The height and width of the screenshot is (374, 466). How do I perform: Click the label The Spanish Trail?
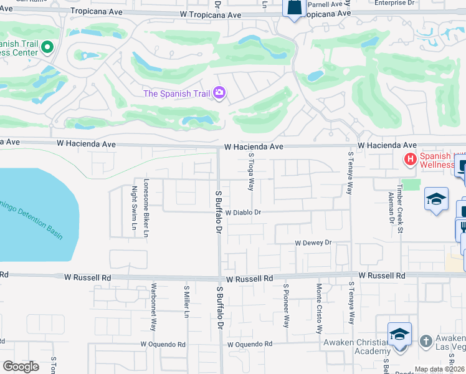point(176,93)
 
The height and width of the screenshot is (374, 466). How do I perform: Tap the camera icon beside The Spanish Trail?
point(219,93)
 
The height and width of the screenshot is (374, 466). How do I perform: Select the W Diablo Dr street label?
point(242,212)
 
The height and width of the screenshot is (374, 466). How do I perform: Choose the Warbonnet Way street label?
point(154,307)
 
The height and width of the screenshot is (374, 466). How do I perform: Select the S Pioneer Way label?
point(287,305)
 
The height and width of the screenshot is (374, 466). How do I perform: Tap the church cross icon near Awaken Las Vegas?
point(426,341)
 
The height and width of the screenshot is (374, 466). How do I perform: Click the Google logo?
point(21,367)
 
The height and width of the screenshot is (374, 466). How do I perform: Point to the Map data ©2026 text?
point(438,370)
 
